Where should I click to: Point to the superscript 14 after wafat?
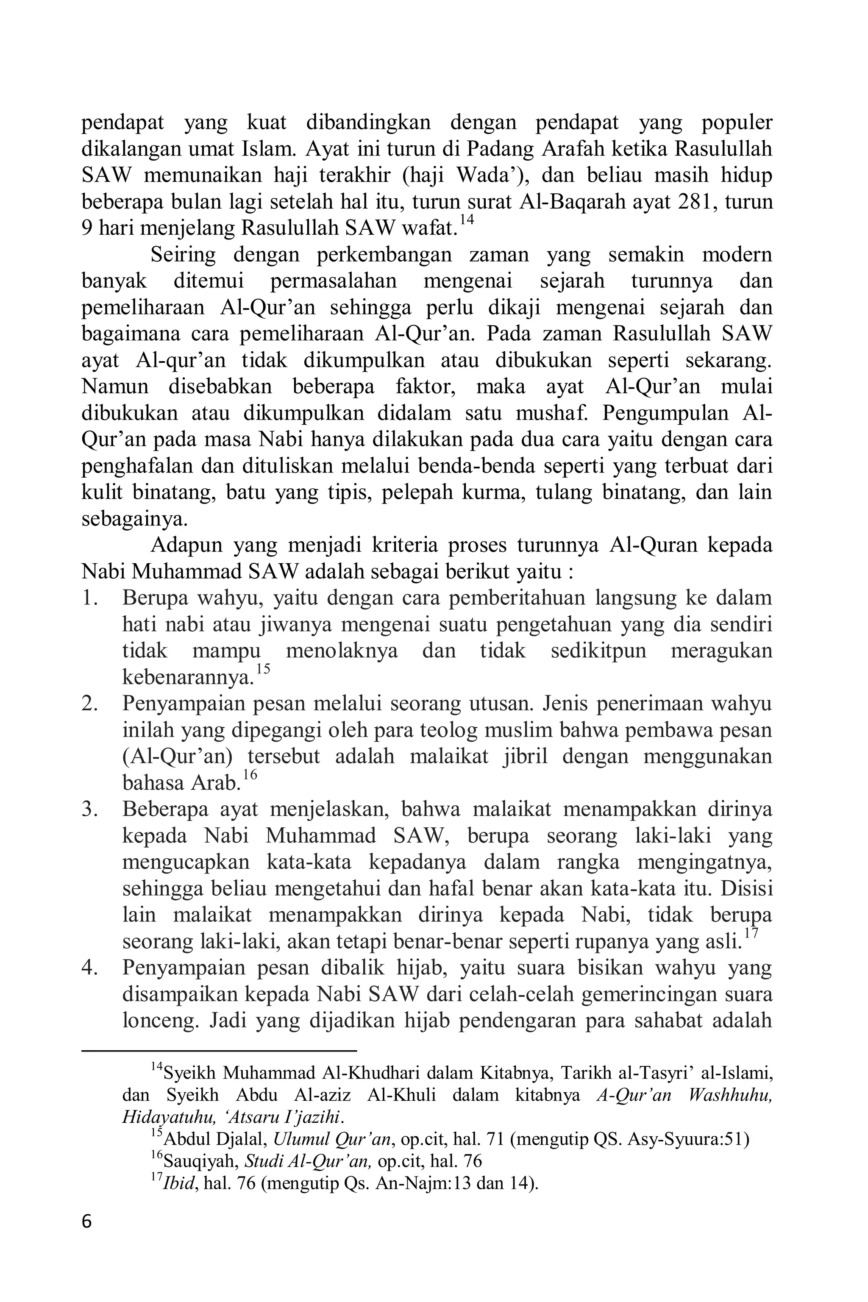(467, 220)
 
